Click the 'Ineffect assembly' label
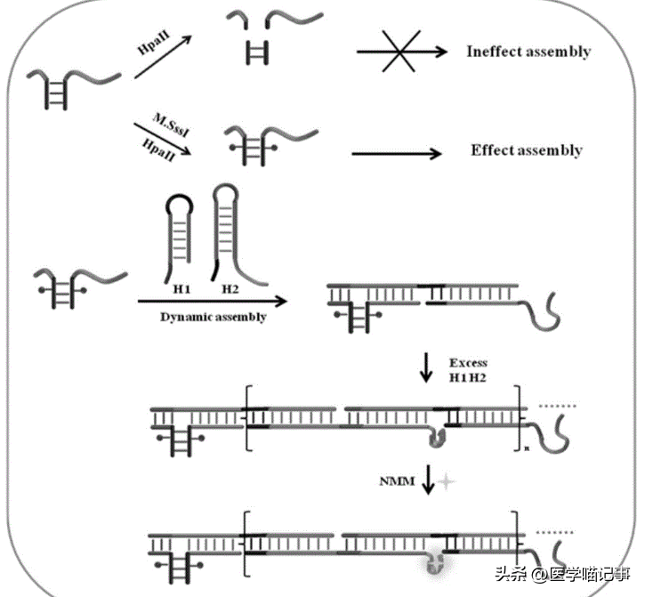pos(528,52)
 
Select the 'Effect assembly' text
pos(526,150)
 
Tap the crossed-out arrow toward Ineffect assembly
pos(402,52)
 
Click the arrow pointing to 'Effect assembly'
pos(397,153)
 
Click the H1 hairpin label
pos(177,289)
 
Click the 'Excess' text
pos(468,363)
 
